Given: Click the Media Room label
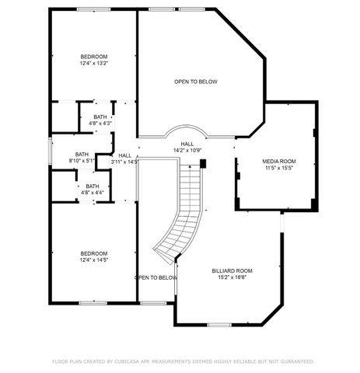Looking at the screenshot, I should (x=279, y=161).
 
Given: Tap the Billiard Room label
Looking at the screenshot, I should (x=232, y=270).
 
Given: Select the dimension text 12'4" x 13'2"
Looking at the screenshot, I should (x=94, y=63).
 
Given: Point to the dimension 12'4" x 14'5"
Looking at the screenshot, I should (x=94, y=260).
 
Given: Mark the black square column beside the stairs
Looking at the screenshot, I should (x=203, y=164).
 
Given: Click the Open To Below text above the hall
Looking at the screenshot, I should (x=195, y=81).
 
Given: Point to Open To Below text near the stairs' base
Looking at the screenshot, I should (x=156, y=277).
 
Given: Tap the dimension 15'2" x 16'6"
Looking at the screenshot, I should (x=232, y=277).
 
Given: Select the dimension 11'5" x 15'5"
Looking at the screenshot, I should (x=279, y=167).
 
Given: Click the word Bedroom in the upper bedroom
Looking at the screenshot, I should (x=94, y=57).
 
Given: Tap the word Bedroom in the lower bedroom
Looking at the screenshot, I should (x=94, y=253).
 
